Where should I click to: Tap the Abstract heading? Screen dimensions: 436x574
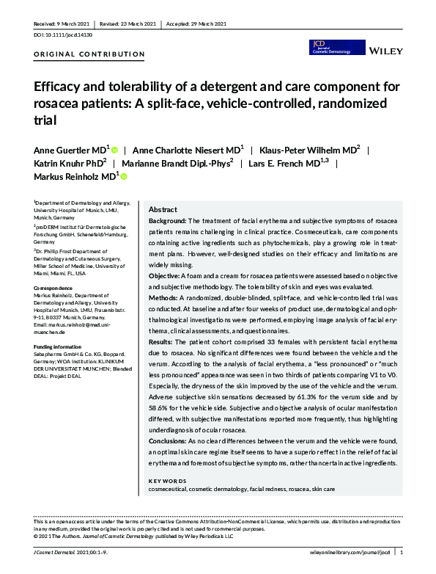[x=162, y=209]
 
